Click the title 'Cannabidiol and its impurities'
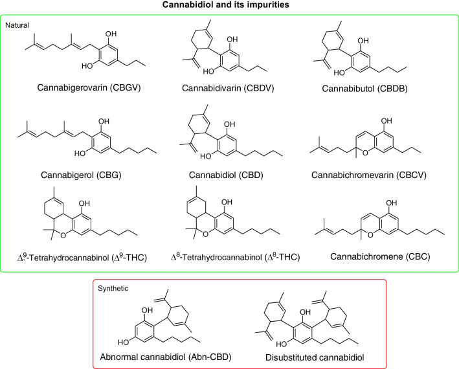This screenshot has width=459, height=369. point(229,6)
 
